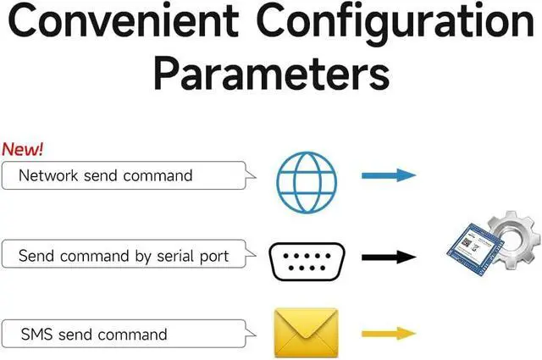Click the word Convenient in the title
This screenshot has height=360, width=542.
123,20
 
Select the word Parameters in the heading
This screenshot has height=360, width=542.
272,74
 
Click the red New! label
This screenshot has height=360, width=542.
23,149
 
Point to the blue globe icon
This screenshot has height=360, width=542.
307,182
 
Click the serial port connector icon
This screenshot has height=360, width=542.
307,262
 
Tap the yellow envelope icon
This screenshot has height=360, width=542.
307,333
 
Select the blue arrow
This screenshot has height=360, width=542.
389,175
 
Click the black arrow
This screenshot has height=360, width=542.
389,258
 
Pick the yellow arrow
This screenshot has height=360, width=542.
389,334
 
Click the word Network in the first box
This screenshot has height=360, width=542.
48,175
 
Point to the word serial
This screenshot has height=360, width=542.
171,257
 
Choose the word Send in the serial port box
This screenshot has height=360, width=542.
36,257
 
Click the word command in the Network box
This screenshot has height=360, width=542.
158,175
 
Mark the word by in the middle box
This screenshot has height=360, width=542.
143,257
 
